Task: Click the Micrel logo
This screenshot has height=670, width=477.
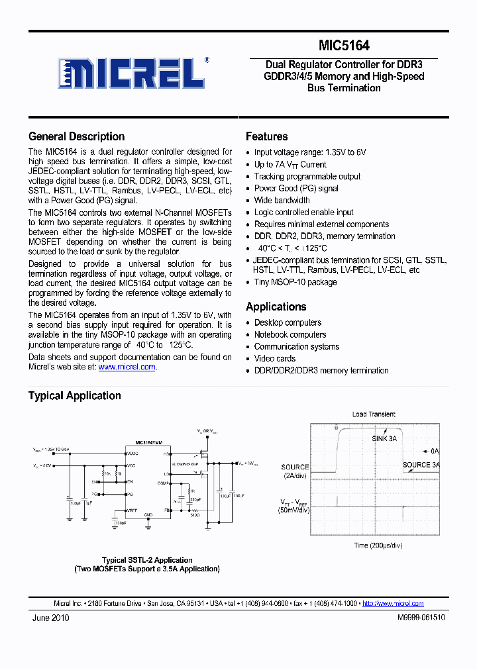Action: point(132,73)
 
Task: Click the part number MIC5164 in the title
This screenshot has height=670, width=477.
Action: point(344,46)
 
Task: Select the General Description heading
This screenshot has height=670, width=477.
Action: point(76,136)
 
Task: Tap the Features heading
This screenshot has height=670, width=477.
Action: point(266,136)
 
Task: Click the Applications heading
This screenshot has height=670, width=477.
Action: point(276,307)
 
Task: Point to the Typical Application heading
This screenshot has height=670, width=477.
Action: point(74,396)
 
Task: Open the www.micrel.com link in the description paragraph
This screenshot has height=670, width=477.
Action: point(127,367)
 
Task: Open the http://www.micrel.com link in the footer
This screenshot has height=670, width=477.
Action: point(393,603)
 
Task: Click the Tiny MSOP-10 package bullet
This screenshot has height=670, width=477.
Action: point(295,282)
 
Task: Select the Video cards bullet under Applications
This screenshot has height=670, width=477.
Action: point(275,359)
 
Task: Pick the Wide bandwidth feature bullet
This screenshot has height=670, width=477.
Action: point(282,201)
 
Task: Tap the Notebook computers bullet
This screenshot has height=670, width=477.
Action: point(290,335)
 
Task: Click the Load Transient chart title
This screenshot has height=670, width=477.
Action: point(374,414)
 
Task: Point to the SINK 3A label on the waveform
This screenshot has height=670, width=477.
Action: point(384,438)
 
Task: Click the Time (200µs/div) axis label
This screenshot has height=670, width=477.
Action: point(378,546)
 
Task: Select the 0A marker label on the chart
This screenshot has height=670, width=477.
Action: point(435,451)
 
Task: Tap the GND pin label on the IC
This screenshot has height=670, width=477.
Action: point(148,514)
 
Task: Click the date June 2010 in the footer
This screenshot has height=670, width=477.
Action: point(51,618)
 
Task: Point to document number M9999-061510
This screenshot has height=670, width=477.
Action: point(421,618)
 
